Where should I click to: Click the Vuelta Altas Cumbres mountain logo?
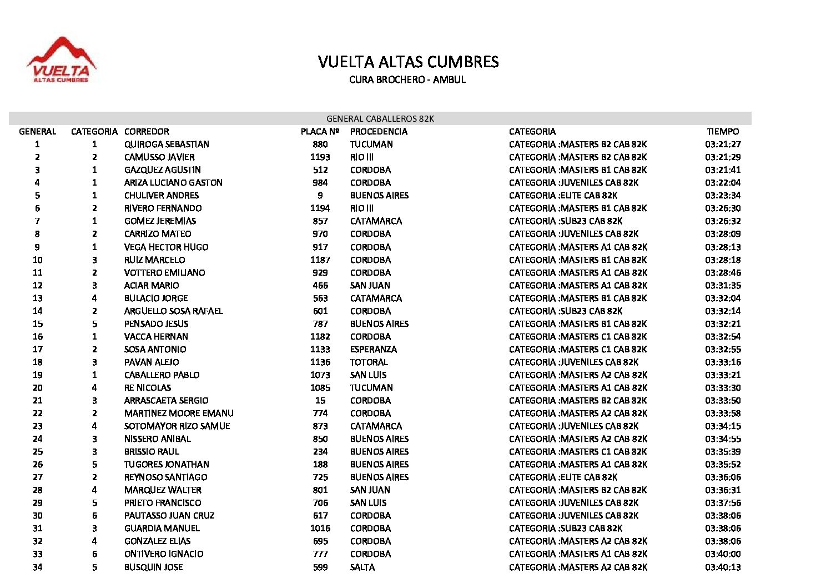[x=61, y=61]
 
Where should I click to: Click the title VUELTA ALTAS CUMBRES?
[x=408, y=62]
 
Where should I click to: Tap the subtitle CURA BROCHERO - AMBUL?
[x=407, y=79]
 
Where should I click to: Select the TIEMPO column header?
[x=723, y=132]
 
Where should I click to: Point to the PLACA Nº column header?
[x=320, y=132]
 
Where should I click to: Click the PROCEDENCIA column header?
[x=379, y=132]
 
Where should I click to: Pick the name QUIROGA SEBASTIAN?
[x=167, y=144]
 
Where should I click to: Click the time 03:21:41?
[x=723, y=170]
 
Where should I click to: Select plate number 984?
[x=320, y=183]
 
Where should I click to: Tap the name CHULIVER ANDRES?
[x=162, y=196]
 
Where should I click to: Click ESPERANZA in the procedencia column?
[x=374, y=350]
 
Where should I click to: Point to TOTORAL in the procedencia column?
[x=369, y=362]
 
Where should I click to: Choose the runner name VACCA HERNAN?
[x=156, y=337]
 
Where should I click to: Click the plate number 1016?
[x=320, y=529]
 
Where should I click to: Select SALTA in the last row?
[x=362, y=567]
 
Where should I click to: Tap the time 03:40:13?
[x=723, y=567]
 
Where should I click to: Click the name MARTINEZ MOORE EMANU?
[x=179, y=413]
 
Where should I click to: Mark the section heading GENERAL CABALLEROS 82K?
[x=380, y=119]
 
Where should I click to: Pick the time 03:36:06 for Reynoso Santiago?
[x=723, y=477]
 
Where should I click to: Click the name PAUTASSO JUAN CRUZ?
[x=169, y=516]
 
